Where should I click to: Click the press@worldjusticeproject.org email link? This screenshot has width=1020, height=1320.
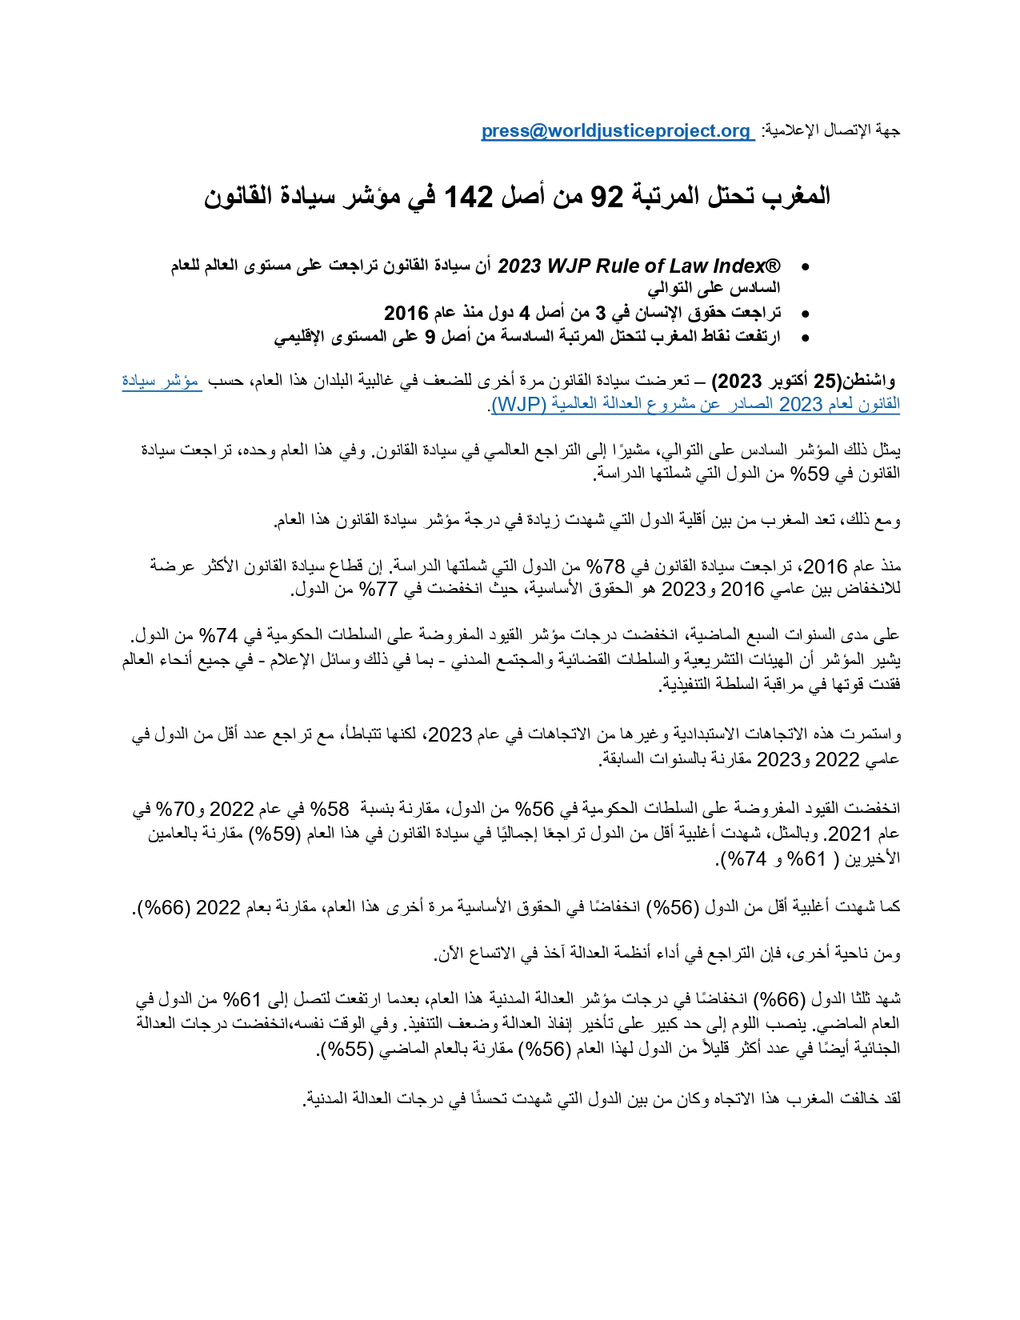click(615, 131)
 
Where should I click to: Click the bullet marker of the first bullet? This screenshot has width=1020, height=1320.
click(805, 267)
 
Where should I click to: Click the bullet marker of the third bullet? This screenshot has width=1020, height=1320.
click(805, 338)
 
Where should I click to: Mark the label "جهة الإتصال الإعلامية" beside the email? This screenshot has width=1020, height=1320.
click(832, 131)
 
